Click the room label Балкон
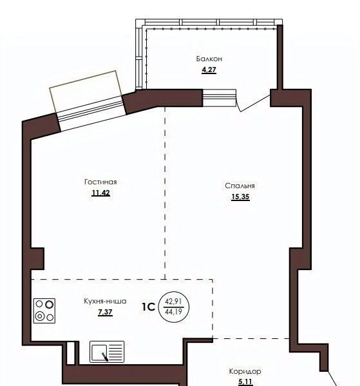coord(209,59)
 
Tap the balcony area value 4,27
coord(209,70)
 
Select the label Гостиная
coord(100,182)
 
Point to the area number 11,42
coord(100,193)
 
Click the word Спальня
coord(240,186)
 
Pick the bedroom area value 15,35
coord(240,197)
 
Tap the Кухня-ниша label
coord(105,301)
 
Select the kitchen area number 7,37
coord(106,312)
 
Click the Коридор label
coord(245,371)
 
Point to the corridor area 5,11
coord(245,382)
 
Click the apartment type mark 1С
coord(149,307)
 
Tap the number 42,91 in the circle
coord(173,302)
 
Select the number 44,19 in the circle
coord(173,312)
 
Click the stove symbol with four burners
coord(44,311)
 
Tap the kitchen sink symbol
coord(107,352)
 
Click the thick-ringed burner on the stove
coord(50,305)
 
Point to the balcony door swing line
coord(254,103)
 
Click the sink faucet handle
coord(104,356)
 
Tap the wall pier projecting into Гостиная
coord(37,258)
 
